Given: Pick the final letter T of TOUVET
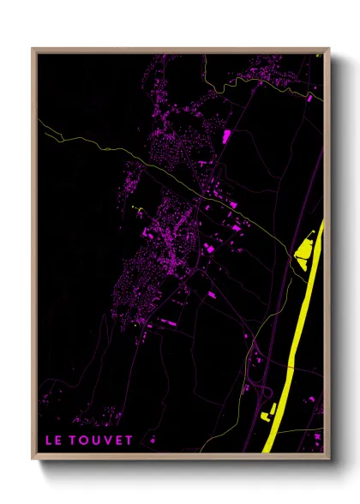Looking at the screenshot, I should tap(129, 441).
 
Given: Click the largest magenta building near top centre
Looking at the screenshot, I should tap(227, 135).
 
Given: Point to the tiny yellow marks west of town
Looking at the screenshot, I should tap(138, 209).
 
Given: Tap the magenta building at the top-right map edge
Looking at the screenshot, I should tap(319, 57).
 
